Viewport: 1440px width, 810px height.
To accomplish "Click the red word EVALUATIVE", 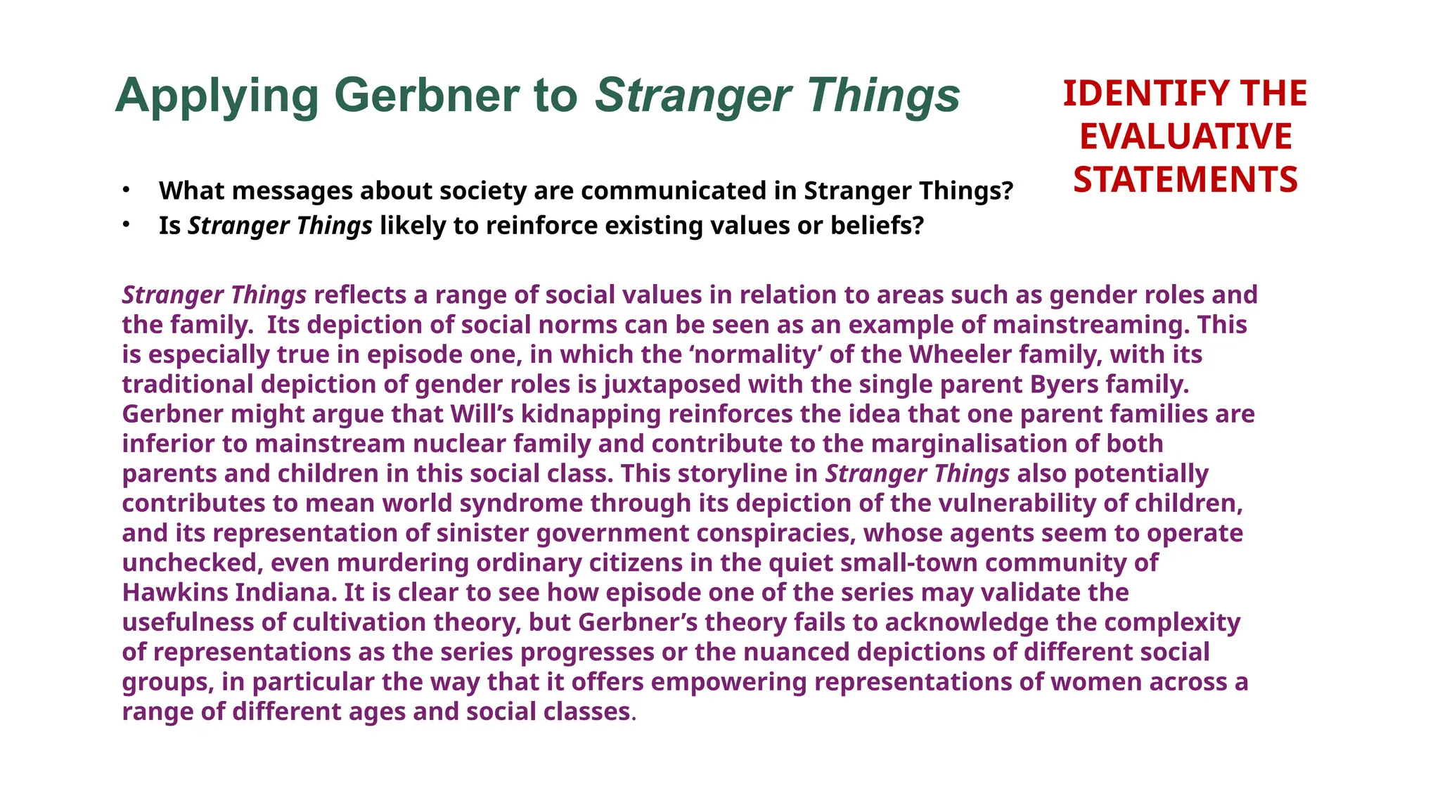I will click(x=1185, y=136).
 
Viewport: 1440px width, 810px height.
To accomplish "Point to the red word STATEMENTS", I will click(x=1185, y=179).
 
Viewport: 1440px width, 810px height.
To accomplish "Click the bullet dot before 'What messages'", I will click(x=126, y=190).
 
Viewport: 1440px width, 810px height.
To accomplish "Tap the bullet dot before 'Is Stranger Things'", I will click(x=126, y=225).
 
